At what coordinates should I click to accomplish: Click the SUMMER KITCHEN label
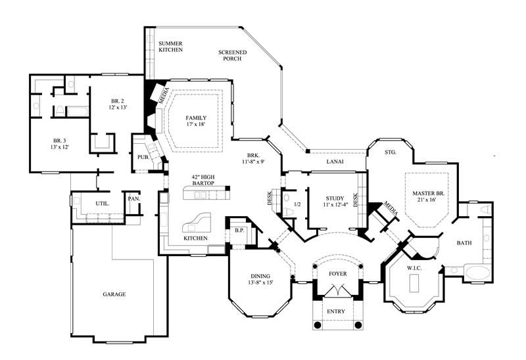tap(170, 47)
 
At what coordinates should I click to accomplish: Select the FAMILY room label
tap(196, 118)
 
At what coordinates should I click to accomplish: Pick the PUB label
tap(143, 157)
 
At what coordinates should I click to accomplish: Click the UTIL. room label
tap(102, 204)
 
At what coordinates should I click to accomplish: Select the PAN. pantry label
tap(134, 198)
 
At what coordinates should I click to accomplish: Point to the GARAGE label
tap(114, 294)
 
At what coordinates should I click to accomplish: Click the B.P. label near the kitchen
tap(239, 231)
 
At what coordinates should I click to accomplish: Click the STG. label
tap(391, 152)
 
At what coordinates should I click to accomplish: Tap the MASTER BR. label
tap(427, 192)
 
